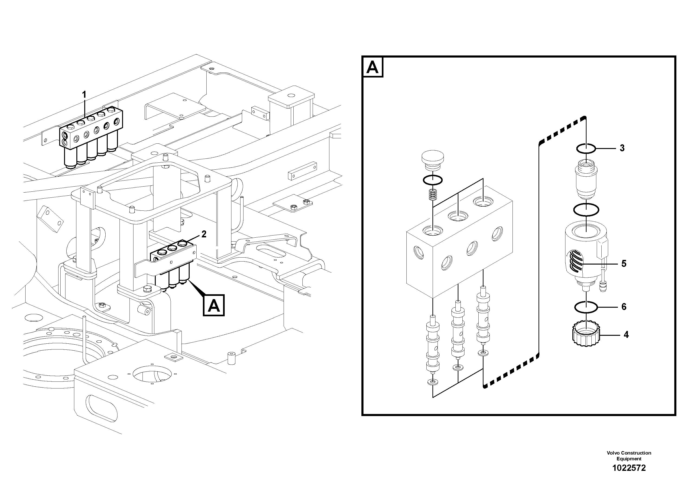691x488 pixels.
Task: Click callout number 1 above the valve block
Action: (x=84, y=95)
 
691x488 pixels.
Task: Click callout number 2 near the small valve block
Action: (x=204, y=234)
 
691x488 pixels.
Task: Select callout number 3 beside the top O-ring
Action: (x=622, y=148)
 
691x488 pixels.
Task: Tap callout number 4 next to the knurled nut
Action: (x=626, y=335)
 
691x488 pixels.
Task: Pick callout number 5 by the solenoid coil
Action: (x=624, y=264)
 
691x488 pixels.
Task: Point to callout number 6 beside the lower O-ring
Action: (x=624, y=307)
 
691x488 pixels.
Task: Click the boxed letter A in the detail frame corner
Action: (x=373, y=67)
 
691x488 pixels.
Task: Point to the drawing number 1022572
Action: (x=629, y=468)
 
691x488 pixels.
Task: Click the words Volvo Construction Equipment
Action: (x=629, y=456)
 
